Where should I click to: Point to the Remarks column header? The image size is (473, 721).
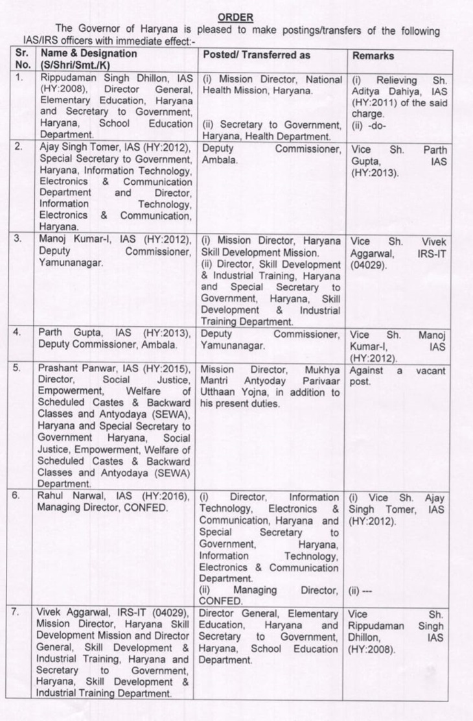[373, 56]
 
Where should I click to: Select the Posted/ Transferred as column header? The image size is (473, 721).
[257, 55]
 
